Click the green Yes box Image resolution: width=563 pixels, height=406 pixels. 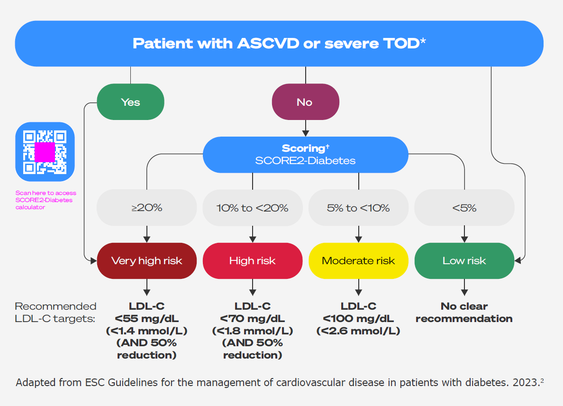[x=130, y=102]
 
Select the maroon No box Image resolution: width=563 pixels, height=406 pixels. [x=305, y=102]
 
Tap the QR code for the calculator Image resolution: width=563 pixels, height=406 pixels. [x=45, y=152]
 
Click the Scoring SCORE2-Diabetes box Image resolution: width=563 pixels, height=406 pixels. [x=305, y=155]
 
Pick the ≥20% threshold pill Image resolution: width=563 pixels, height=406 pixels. [x=146, y=208]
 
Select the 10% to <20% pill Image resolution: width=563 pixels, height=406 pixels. [x=252, y=208]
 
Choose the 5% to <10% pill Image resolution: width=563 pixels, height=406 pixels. [x=358, y=208]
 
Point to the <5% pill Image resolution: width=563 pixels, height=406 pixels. [x=464, y=208]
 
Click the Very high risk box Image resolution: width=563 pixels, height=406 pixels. [x=146, y=261]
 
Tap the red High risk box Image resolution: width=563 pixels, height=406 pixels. [x=252, y=261]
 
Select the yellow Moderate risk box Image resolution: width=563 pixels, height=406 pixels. [x=358, y=261]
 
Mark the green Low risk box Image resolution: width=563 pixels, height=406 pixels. [x=464, y=261]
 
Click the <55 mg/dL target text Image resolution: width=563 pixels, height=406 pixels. [x=146, y=319]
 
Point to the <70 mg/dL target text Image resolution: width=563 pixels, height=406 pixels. [x=252, y=319]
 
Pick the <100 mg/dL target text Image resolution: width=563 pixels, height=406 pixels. [x=358, y=319]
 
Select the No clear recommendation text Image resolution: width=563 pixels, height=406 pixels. [x=464, y=313]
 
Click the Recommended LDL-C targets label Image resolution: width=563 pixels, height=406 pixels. [x=55, y=313]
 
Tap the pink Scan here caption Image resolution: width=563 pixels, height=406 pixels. [x=45, y=200]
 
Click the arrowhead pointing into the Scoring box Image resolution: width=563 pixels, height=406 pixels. [x=306, y=133]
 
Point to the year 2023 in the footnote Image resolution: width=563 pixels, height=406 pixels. [x=525, y=382]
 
